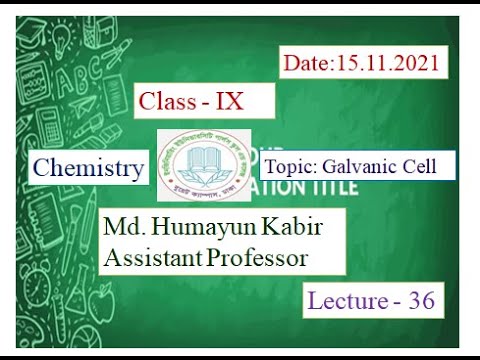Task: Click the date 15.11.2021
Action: (x=385, y=64)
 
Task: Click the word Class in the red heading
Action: (x=167, y=100)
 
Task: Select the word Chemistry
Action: (x=87, y=168)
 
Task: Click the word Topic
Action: (x=289, y=166)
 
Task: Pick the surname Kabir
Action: (x=295, y=228)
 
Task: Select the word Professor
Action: (x=270, y=258)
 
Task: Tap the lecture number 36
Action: (x=420, y=301)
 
